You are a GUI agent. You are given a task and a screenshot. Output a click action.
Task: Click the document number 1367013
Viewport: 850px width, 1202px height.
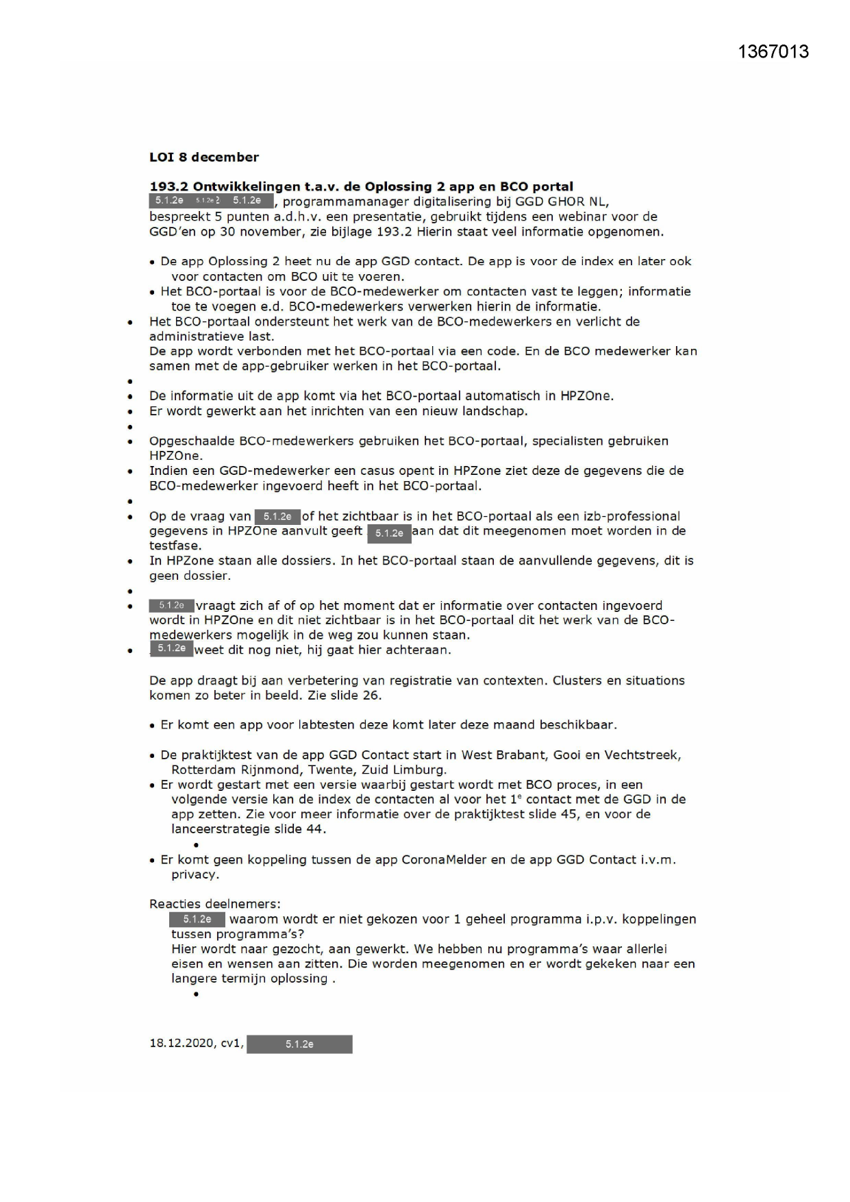click(x=773, y=52)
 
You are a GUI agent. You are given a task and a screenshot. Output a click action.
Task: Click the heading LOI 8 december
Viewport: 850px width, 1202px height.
click(x=204, y=157)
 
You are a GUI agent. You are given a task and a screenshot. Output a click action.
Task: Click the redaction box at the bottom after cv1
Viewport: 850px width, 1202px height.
click(x=299, y=1044)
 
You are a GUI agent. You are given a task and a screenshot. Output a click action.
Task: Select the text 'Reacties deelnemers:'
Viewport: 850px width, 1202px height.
click(x=214, y=904)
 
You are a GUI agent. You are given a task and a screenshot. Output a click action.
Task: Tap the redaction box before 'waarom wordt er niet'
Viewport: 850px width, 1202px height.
click(x=197, y=919)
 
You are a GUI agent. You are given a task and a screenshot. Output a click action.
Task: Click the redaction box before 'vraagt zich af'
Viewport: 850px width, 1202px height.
click(x=171, y=606)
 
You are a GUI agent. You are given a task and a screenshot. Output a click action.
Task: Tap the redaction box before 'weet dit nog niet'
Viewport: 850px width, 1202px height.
click(x=171, y=649)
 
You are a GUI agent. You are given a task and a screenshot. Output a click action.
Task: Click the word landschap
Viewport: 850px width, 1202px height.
click(x=496, y=411)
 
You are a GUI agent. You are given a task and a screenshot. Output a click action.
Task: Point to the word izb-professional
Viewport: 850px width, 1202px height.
click(x=626, y=516)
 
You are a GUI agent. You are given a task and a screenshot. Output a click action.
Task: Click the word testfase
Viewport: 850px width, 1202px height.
click(x=175, y=546)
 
